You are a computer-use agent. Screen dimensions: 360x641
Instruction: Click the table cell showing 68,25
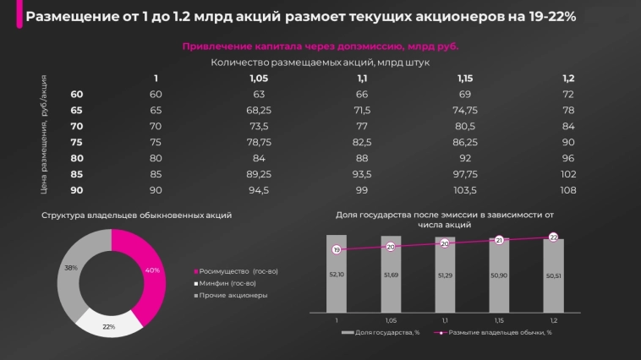(x=258, y=110)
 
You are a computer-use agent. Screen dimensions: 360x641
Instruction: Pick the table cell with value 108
(x=567, y=191)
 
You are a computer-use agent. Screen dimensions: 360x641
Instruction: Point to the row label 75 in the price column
(x=77, y=142)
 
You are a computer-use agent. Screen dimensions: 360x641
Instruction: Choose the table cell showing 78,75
(x=258, y=142)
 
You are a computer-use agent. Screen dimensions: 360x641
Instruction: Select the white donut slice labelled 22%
(x=107, y=323)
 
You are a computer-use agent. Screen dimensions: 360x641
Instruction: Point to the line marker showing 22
(x=553, y=237)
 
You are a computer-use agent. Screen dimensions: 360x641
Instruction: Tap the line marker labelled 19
(x=337, y=250)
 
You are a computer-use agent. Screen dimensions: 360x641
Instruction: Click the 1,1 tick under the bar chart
(x=445, y=320)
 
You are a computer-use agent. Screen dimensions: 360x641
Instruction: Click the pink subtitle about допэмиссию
(x=320, y=47)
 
